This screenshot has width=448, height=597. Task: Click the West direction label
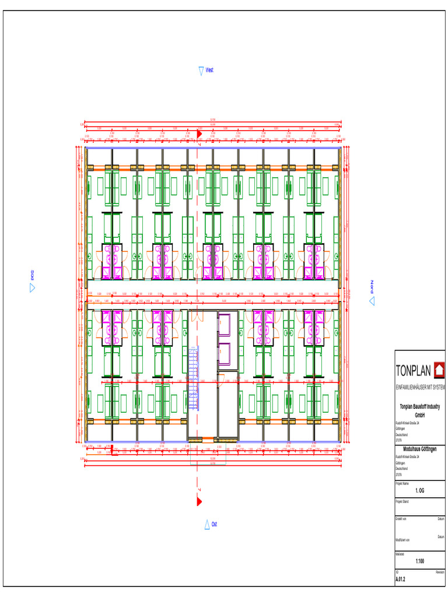tap(209, 70)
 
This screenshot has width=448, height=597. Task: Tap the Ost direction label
tap(214, 525)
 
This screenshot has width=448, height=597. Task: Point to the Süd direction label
tap(33, 274)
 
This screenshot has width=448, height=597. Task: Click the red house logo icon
tap(439, 370)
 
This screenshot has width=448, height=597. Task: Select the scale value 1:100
tap(419, 561)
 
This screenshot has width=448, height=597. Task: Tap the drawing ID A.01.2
tap(400, 580)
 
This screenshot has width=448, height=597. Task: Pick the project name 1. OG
tap(419, 491)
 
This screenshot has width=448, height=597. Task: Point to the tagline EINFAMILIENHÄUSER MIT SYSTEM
tap(420, 387)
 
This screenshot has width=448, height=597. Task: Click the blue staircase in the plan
tap(194, 379)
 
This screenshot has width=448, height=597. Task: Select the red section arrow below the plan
tap(199, 501)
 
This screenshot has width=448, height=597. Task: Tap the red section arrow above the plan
tap(199, 134)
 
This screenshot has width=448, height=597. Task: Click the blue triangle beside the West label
tap(201, 71)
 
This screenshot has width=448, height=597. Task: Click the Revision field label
tap(440, 573)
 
